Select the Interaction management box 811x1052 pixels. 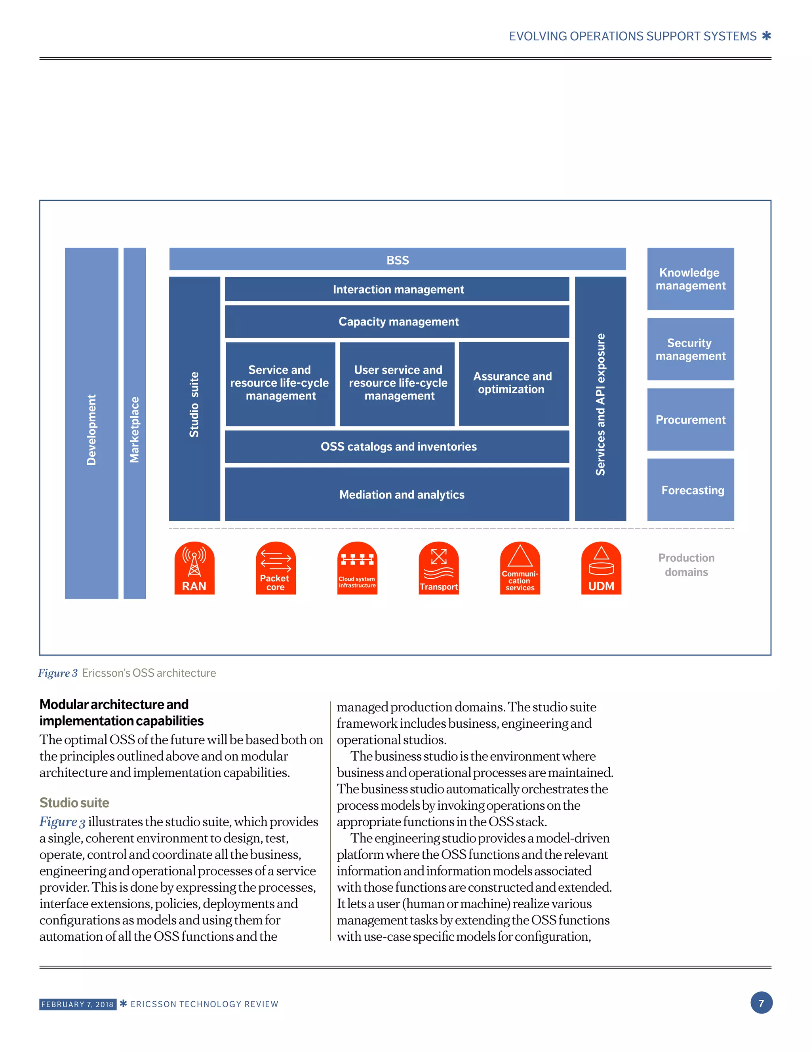click(397, 289)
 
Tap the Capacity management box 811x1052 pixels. click(397, 321)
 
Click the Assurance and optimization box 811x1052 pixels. click(513, 383)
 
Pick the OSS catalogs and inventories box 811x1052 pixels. click(397, 447)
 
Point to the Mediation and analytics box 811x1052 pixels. click(397, 494)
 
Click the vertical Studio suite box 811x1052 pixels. click(194, 398)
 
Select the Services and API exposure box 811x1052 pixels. click(600, 398)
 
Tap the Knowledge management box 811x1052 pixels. click(690, 279)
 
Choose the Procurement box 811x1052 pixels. click(690, 420)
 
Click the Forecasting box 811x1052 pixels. click(690, 490)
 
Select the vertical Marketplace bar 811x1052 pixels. click(135, 423)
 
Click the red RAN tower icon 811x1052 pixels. click(194, 568)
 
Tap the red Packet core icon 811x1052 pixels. click(276, 568)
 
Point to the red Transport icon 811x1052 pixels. click(438, 568)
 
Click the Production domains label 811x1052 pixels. click(686, 565)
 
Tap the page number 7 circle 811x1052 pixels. click(761, 1003)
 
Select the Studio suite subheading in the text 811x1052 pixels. click(74, 803)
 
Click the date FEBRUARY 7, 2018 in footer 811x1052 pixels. click(78, 1004)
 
